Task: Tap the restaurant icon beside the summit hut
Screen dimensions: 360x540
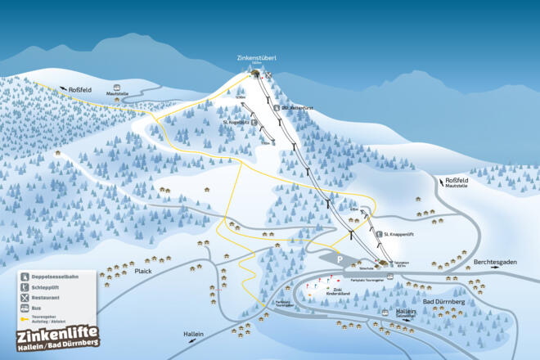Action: tap(267, 74)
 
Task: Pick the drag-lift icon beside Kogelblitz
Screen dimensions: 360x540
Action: tap(254, 122)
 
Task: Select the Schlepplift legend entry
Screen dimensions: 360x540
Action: tap(47, 287)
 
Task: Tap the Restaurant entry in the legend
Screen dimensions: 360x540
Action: tap(46, 298)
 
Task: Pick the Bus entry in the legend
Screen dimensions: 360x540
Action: tap(37, 308)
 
